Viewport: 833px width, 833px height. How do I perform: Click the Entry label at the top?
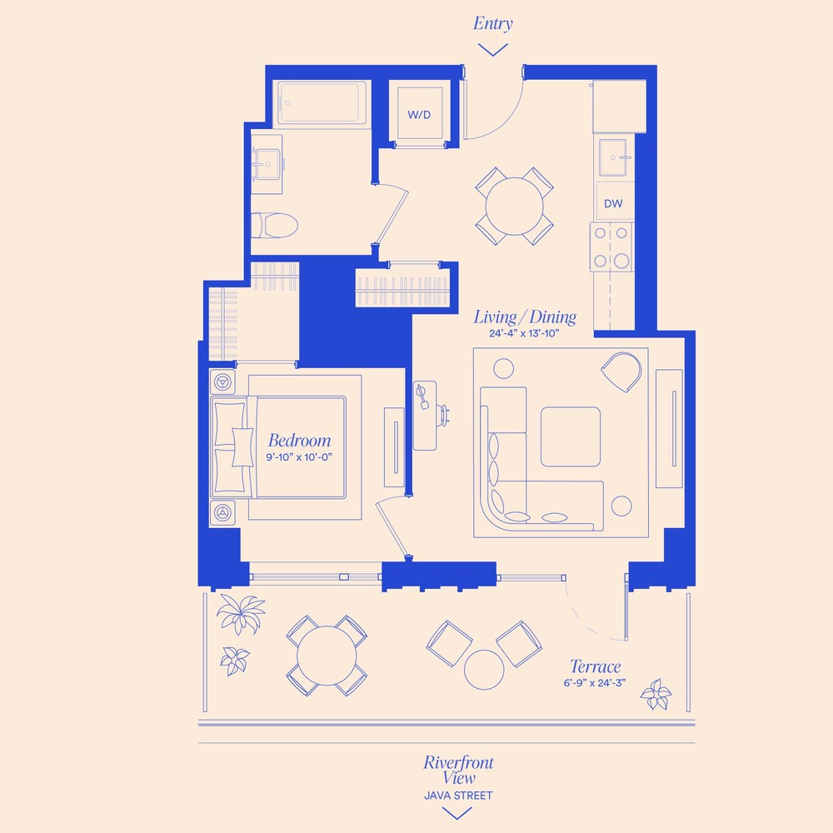click(492, 23)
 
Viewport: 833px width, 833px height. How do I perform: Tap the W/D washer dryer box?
click(419, 113)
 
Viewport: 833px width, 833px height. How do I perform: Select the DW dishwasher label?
click(614, 203)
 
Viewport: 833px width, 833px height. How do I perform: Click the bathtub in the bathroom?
click(322, 103)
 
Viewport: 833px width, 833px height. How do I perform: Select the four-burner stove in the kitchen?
click(611, 247)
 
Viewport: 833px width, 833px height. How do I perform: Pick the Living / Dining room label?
click(525, 317)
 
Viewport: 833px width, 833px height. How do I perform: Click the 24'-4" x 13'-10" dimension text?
click(524, 333)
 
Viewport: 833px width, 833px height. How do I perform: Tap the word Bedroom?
click(299, 441)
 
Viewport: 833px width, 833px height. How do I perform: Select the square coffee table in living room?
click(570, 436)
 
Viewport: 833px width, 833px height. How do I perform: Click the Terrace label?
click(595, 666)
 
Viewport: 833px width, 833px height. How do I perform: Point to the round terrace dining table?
click(327, 655)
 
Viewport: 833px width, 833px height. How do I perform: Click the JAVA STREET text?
click(458, 796)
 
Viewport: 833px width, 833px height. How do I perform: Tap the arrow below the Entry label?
click(493, 49)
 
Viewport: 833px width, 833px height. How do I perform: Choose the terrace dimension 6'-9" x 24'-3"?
click(595, 682)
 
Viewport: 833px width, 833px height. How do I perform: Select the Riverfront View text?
click(458, 770)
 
